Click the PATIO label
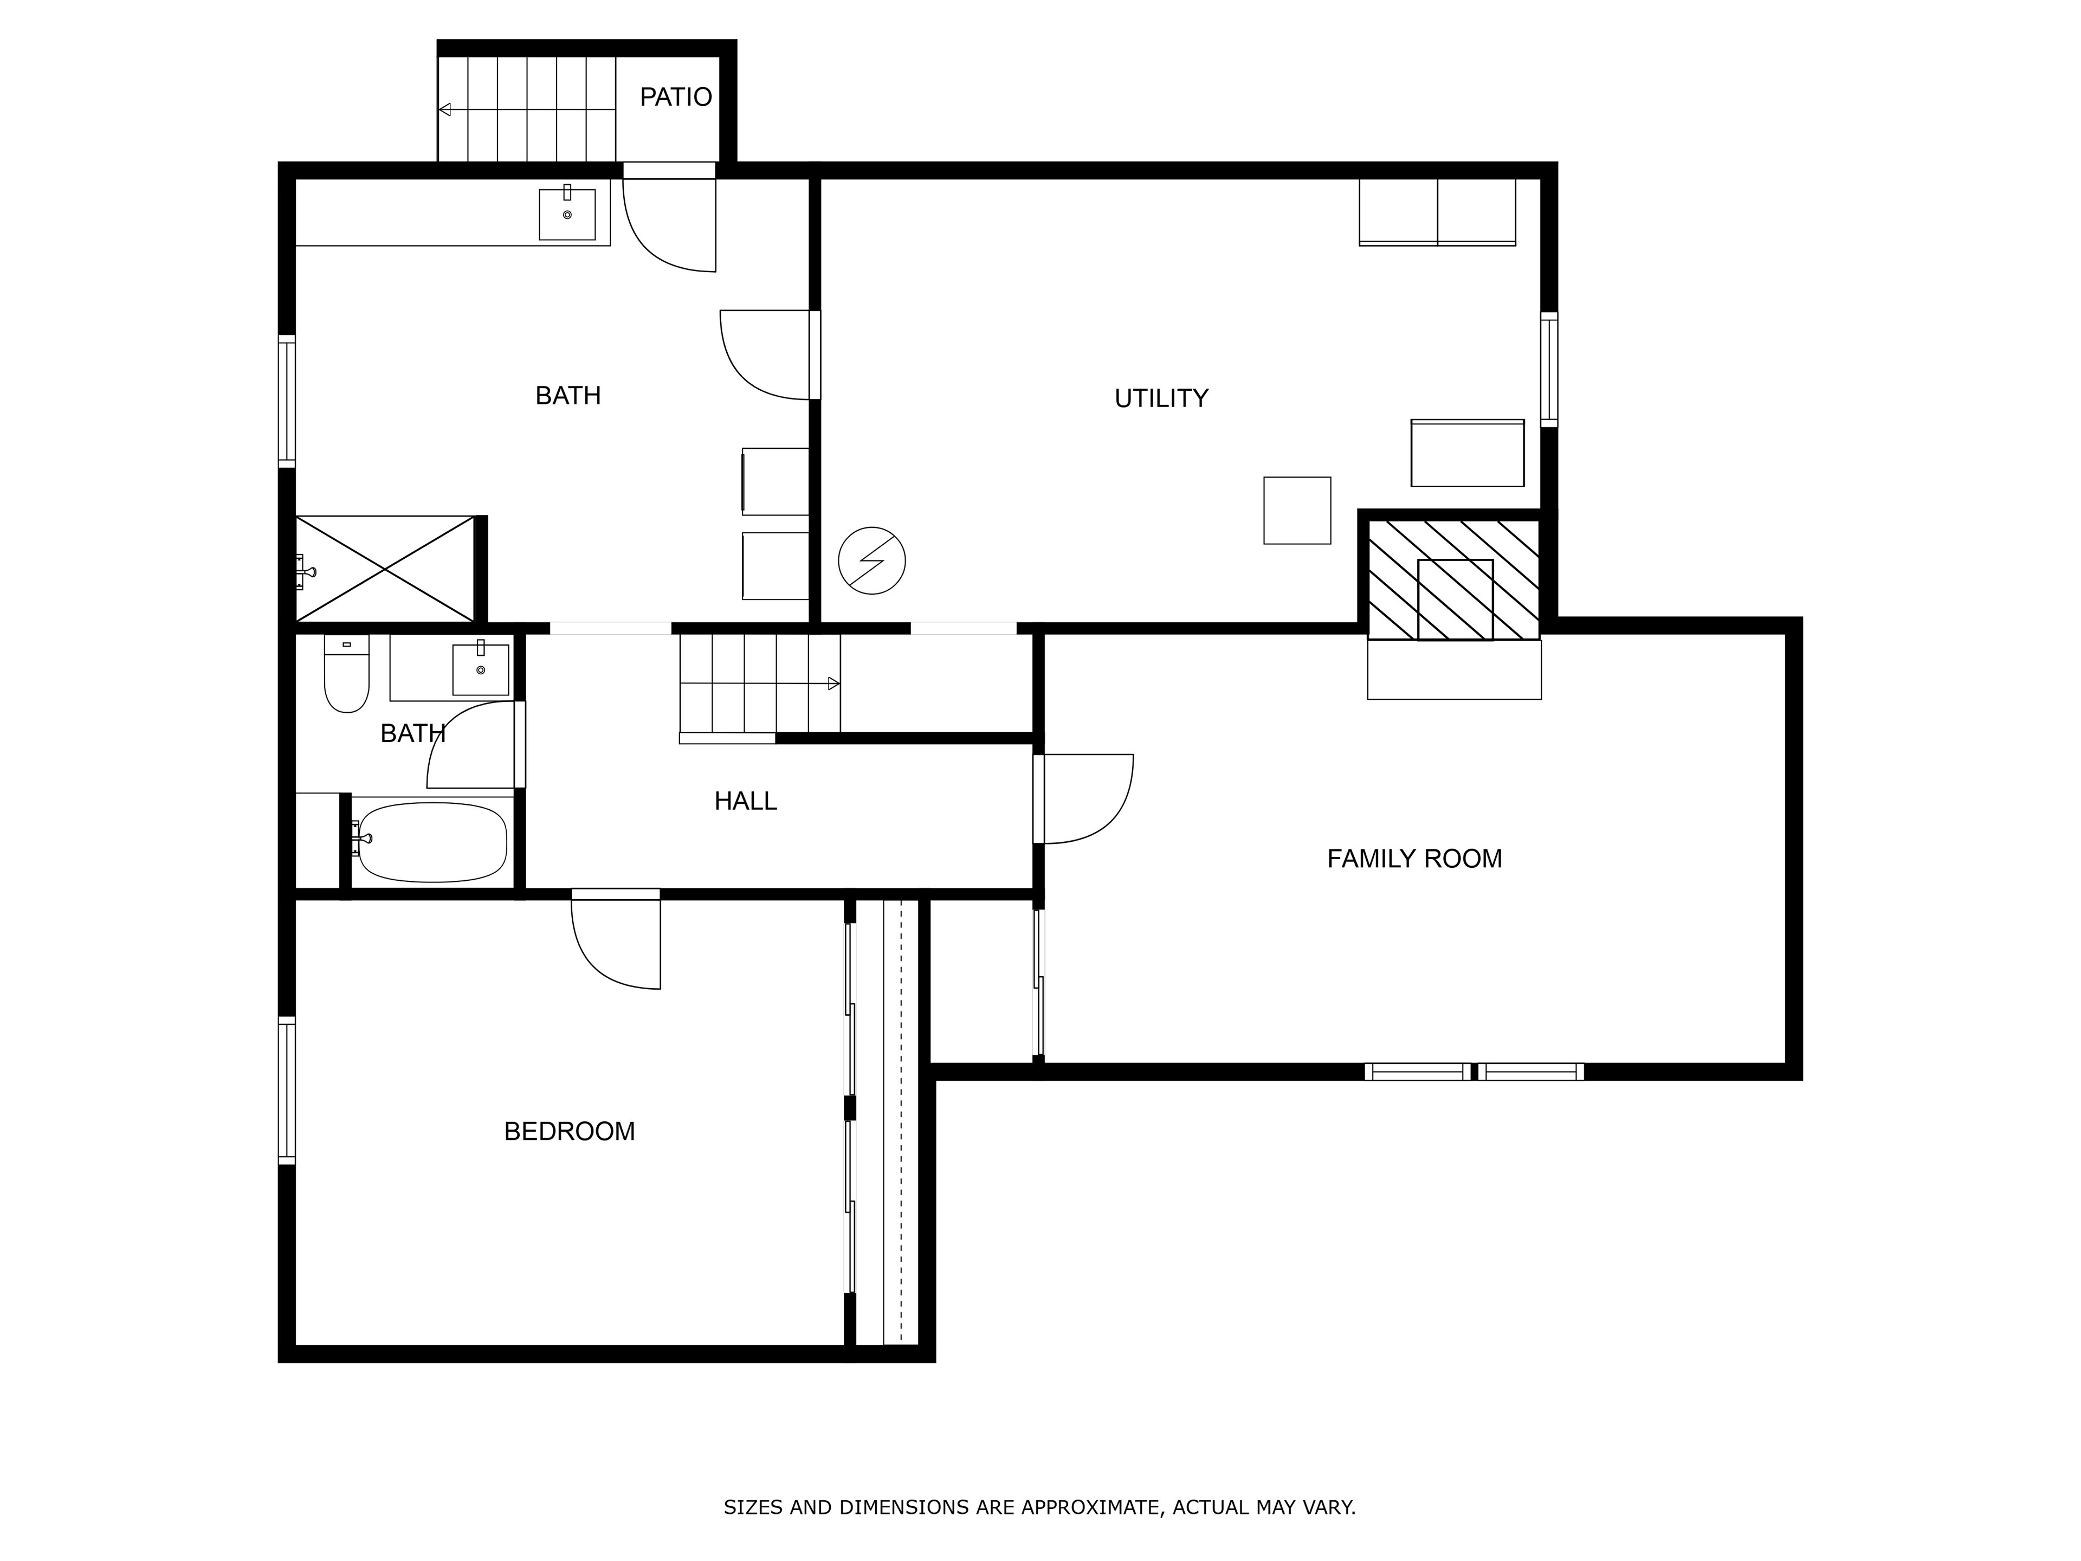click(x=675, y=97)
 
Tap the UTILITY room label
click(x=1161, y=398)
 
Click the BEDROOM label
click(x=569, y=1131)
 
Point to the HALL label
click(x=745, y=801)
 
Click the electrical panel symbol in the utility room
click(x=872, y=561)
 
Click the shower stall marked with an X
click(x=385, y=569)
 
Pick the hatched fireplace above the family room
click(x=1453, y=579)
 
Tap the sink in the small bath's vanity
click(x=481, y=668)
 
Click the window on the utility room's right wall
click(x=1548, y=369)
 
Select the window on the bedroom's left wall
click(x=287, y=1091)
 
